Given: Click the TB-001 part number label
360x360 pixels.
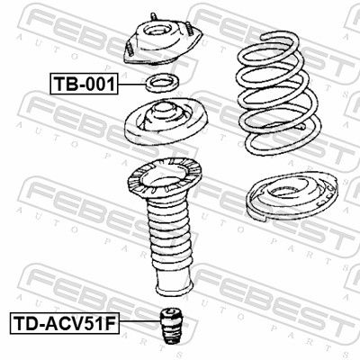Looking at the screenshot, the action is [x=84, y=84].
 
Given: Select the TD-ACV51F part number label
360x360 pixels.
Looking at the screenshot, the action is [x=65, y=323].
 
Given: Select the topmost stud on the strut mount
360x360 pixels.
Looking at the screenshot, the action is [x=154, y=16].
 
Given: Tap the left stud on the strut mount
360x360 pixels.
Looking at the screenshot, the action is [x=129, y=49].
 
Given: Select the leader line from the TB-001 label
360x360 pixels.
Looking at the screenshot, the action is [x=131, y=85].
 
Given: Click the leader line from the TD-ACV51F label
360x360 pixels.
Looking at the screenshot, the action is [x=139, y=321].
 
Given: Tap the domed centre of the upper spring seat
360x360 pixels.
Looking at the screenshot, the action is [x=163, y=114].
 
